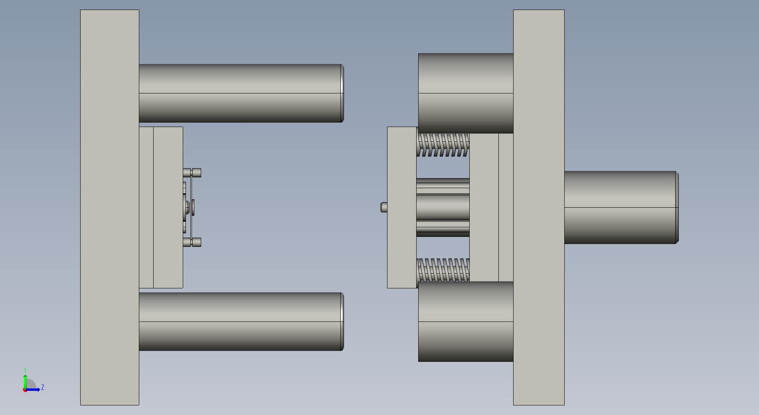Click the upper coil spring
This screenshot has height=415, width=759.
443,145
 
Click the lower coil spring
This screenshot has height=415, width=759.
443,270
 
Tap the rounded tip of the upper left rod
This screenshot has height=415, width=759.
342,93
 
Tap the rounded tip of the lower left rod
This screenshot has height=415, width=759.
342,322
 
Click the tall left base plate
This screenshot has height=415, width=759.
110,207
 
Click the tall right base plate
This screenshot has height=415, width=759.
539,207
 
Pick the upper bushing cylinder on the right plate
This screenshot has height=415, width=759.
466,93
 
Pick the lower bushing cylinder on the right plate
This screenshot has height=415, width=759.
466,322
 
